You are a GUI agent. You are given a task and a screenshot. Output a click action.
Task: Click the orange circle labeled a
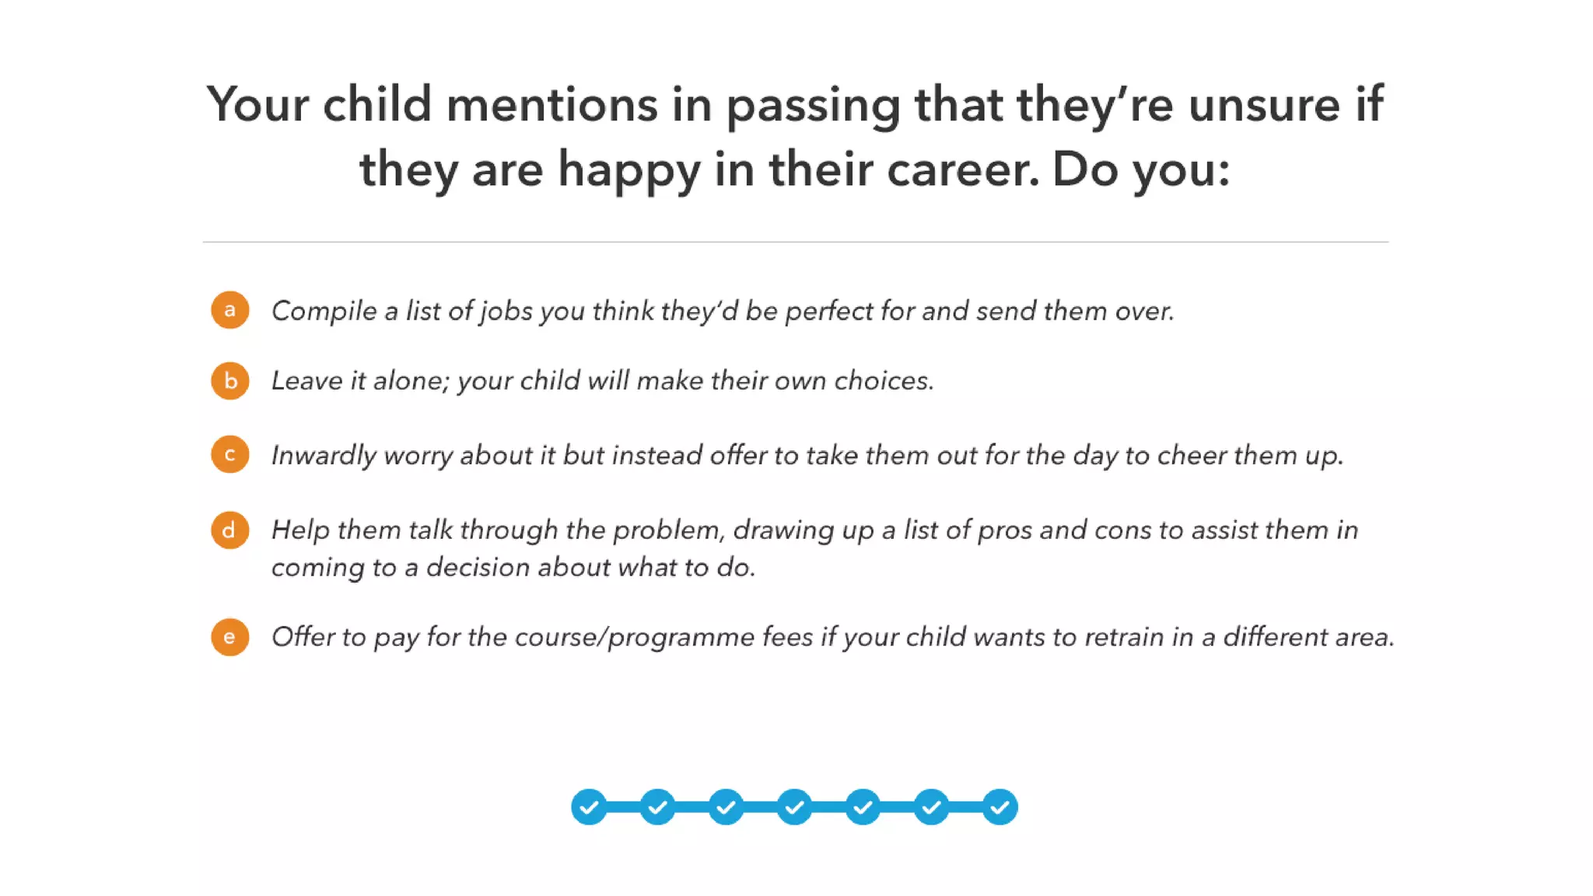click(229, 310)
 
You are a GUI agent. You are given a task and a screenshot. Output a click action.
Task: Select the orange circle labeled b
click(229, 381)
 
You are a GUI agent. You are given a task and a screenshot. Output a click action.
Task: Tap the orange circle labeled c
click(229, 454)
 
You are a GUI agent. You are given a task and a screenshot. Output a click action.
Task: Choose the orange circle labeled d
click(229, 530)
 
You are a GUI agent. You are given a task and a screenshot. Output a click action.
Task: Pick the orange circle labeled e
click(229, 637)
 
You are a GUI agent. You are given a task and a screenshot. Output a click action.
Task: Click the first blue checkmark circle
click(589, 807)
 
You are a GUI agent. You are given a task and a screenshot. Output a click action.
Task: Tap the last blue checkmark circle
click(1000, 807)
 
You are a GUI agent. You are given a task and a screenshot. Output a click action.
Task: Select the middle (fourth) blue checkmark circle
click(794, 807)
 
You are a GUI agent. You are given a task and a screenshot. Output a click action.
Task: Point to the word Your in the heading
click(257, 104)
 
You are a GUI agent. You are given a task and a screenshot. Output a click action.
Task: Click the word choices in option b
click(883, 381)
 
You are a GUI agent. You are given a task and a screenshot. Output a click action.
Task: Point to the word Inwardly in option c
click(323, 456)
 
